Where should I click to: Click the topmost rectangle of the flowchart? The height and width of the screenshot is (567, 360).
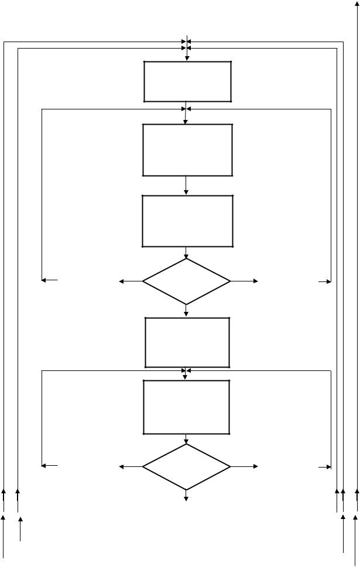coord(187,81)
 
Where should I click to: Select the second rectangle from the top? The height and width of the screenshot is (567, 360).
coord(187,149)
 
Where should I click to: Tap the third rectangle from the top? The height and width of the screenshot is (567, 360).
coord(187,221)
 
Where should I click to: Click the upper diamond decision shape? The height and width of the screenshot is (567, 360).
coord(186,281)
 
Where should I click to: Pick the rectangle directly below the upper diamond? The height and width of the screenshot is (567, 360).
coord(187,342)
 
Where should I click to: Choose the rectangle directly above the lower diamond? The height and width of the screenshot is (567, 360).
coord(186,407)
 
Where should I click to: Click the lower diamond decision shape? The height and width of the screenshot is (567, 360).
coord(186,466)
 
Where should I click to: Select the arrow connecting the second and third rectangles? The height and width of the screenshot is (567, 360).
coord(186,185)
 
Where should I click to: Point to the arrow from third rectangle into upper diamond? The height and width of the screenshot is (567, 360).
coord(186,252)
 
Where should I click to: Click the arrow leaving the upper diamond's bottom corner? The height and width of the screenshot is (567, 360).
coord(186,311)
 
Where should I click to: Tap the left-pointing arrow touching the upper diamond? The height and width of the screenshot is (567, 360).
coord(131,281)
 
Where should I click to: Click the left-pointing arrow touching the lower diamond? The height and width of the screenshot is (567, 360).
coord(131,466)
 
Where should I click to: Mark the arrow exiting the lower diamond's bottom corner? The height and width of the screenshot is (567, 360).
coord(186,495)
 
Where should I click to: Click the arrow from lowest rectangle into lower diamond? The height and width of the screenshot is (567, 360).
coord(186,439)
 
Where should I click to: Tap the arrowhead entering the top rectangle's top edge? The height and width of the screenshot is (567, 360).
coord(187,57)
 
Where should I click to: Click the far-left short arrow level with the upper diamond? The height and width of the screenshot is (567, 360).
coord(50,280)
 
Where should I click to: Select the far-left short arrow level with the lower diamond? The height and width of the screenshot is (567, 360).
coord(50,466)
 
